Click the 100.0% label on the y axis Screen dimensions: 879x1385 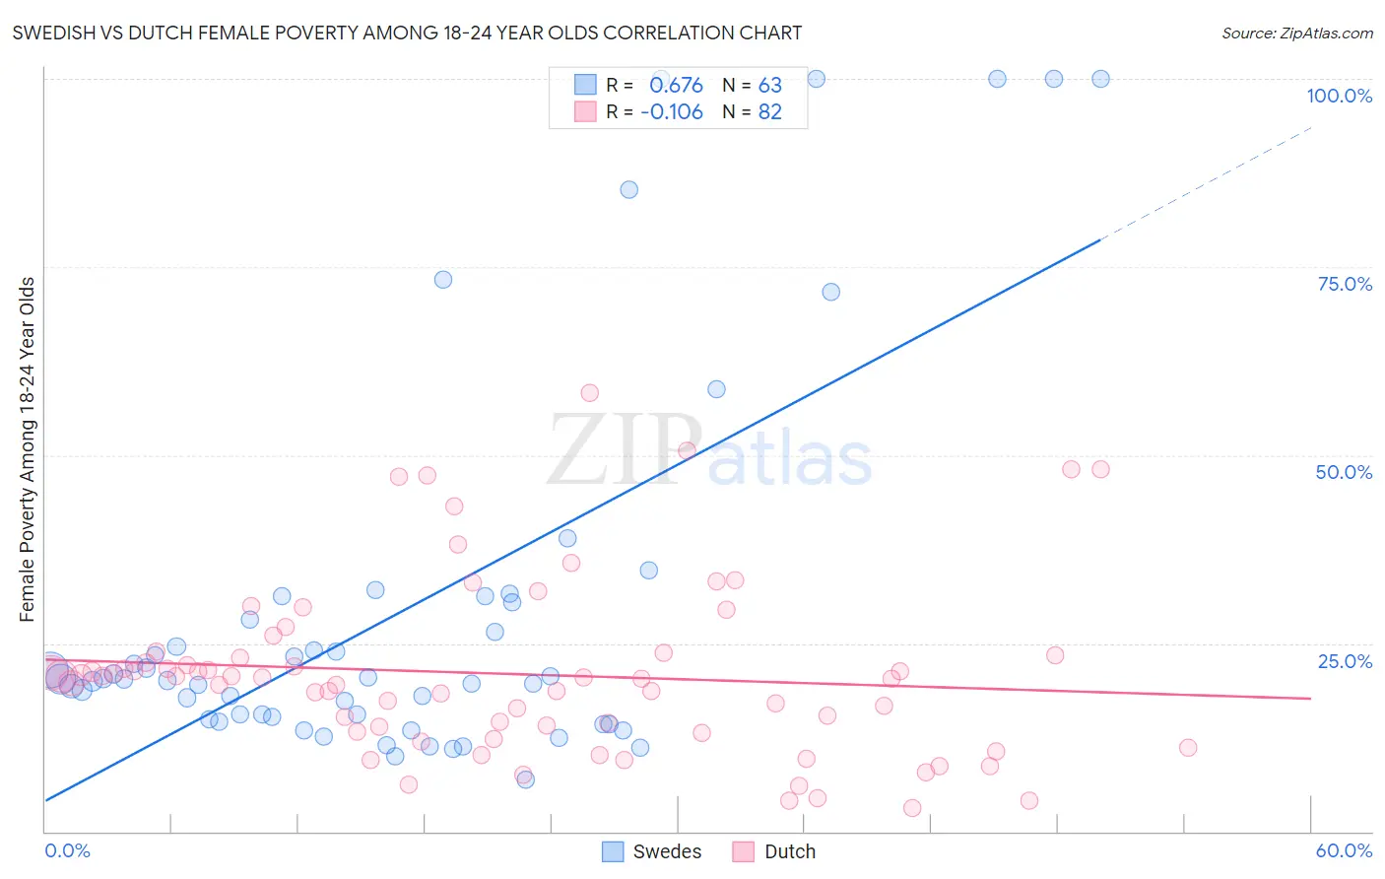(x=1339, y=96)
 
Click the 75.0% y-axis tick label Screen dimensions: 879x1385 (x=1345, y=284)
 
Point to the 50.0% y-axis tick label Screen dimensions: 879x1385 (x=1344, y=472)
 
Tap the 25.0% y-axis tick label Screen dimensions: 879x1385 (x=1345, y=661)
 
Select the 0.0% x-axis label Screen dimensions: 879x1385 (x=67, y=850)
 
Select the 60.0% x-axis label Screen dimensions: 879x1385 (x=1344, y=850)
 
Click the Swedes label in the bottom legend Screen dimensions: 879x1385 (x=667, y=851)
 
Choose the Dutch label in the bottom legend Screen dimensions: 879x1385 (x=790, y=851)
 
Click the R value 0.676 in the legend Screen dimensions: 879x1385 (x=676, y=86)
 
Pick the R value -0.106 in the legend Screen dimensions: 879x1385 (x=672, y=112)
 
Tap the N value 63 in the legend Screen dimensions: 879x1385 (x=769, y=86)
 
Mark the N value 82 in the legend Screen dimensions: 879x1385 (x=769, y=112)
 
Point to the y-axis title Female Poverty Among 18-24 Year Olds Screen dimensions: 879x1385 (x=28, y=449)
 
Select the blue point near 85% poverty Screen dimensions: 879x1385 (x=628, y=189)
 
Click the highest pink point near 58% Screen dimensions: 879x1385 (x=589, y=393)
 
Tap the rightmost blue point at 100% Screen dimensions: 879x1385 (x=1100, y=79)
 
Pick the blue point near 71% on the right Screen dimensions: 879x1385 (x=830, y=292)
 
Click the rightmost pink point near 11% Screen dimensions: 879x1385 (x=1188, y=748)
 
